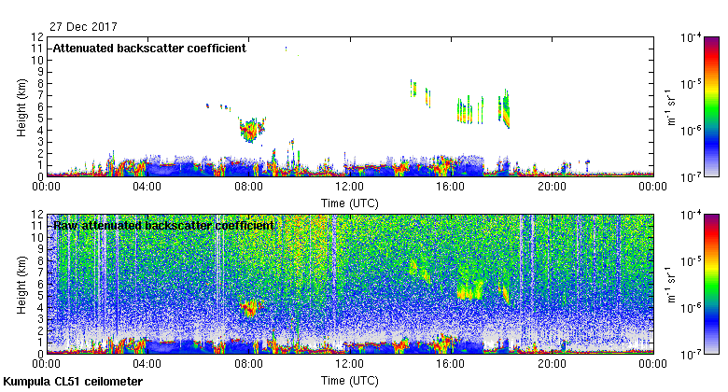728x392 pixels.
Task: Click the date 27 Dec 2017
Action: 78,26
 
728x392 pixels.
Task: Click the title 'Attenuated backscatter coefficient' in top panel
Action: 149,48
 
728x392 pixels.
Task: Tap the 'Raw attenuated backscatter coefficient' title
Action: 163,226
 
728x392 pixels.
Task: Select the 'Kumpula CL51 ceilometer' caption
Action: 74,383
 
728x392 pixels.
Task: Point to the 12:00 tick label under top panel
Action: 349,186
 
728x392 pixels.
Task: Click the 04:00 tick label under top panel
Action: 147,186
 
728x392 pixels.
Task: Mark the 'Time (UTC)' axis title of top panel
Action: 350,202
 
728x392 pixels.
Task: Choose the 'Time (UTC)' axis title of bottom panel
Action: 350,381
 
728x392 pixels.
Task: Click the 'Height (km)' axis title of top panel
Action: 21,105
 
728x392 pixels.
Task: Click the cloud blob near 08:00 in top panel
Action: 249,129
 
